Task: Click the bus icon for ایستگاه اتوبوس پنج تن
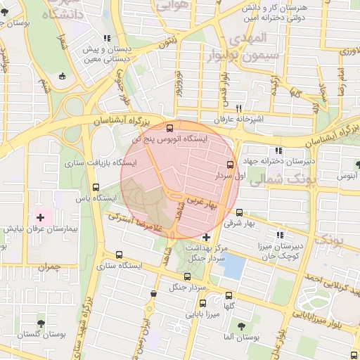169,127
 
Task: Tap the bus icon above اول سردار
231,165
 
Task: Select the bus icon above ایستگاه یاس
96,187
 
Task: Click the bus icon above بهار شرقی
240,212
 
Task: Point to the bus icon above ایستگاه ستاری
118,255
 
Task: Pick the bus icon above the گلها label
229,295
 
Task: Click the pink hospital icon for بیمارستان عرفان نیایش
40,217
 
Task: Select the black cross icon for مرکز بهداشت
205,237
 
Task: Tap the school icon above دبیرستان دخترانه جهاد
278,150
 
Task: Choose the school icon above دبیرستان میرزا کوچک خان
280,235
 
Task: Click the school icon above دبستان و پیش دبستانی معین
106,39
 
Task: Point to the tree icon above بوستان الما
241,326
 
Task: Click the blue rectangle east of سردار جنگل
233,266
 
